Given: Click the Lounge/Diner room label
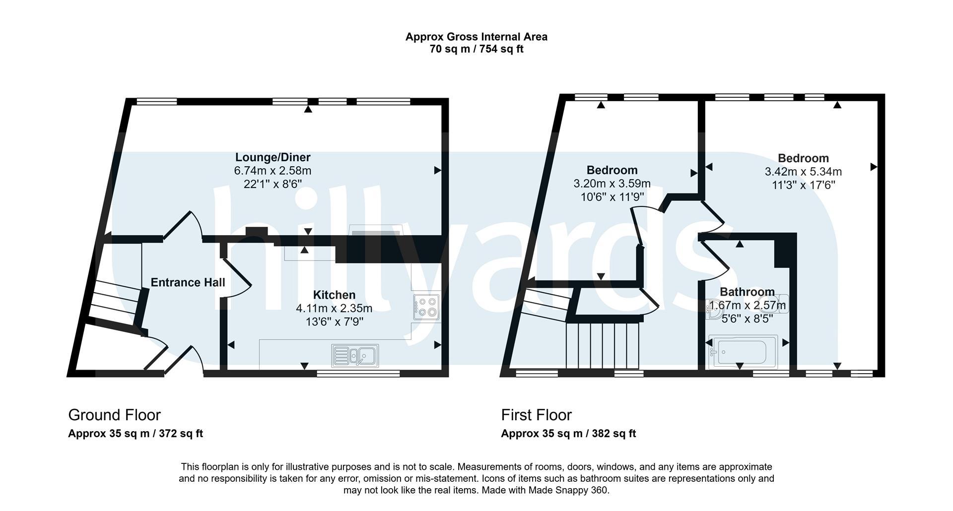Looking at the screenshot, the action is (272, 157).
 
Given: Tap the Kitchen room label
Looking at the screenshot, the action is (334, 295).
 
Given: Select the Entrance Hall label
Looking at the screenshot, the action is (188, 282).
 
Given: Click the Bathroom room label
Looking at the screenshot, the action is (747, 292).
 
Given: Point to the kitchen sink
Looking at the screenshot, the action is (355, 355).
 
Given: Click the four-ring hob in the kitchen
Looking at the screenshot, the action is (426, 307).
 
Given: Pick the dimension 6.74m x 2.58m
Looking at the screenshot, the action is (272, 171).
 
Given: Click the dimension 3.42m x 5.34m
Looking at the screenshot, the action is (803, 172).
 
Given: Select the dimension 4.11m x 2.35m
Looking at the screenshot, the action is (334, 308).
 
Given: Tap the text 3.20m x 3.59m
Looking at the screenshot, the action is (612, 184).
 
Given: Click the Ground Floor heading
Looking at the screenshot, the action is (114, 415).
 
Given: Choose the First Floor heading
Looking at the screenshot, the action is (536, 415).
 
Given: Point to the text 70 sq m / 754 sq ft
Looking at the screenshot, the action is (476, 49).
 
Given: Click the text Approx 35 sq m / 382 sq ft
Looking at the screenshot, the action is (568, 433).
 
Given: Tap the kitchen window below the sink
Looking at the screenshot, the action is (358, 373).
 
